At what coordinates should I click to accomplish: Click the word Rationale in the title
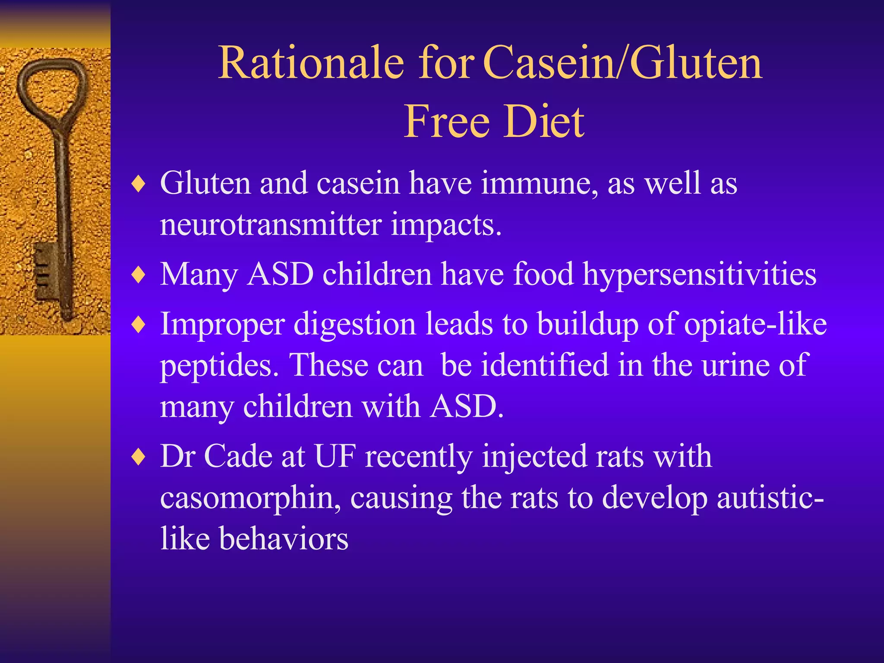(x=311, y=63)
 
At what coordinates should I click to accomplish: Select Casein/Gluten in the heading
(x=622, y=63)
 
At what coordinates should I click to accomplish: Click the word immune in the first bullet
(x=540, y=183)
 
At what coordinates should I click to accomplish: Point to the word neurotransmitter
(x=271, y=224)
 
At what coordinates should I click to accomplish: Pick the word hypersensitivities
(x=699, y=275)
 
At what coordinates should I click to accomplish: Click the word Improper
(x=222, y=325)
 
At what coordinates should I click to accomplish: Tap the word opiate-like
(x=755, y=325)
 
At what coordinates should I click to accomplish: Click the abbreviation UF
(x=335, y=456)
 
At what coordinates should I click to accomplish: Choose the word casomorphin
(x=250, y=498)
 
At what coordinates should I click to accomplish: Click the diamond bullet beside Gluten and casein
(x=139, y=184)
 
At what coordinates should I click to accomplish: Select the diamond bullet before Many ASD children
(x=139, y=275)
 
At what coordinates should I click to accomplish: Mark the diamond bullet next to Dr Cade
(x=139, y=457)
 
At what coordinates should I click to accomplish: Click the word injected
(x=534, y=457)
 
